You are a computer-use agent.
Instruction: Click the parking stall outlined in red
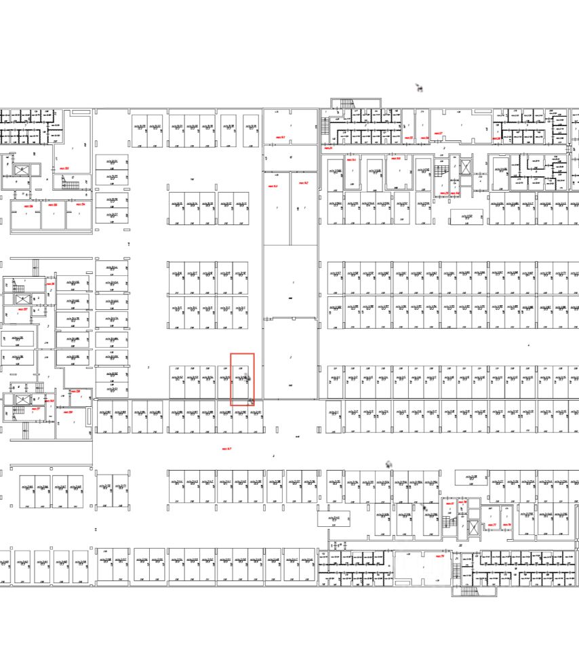[242, 379]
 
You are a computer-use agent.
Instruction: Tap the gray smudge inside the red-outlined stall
[247, 377]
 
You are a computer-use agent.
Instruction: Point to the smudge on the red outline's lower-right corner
[252, 402]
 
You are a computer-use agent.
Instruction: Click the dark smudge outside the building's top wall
[419, 87]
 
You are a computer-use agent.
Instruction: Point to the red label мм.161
[281, 138]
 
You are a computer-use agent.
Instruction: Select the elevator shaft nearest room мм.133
[22, 170]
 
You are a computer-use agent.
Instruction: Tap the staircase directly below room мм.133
[71, 182]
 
